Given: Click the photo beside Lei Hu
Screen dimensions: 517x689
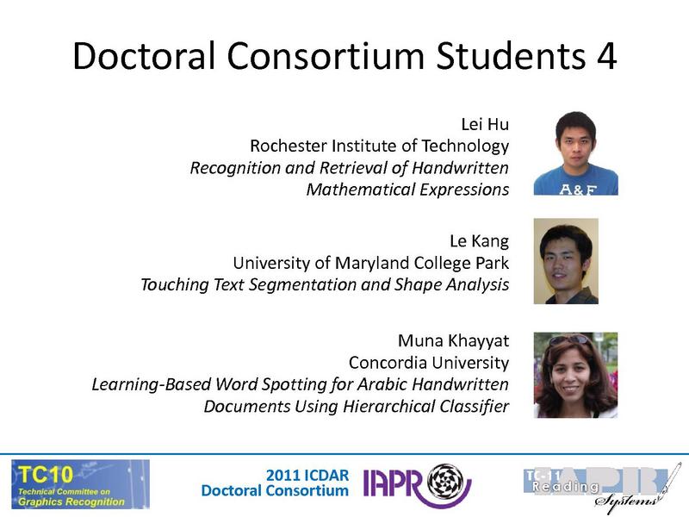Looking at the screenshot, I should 575,153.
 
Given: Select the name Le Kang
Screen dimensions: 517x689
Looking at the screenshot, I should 480,241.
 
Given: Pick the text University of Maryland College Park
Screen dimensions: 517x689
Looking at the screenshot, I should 371,263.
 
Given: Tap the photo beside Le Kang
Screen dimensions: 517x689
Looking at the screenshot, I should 566,261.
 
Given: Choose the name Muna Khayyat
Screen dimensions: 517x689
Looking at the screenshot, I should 453,340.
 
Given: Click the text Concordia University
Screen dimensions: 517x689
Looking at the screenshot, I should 428,362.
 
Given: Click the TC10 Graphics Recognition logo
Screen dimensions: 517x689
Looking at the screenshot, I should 79,483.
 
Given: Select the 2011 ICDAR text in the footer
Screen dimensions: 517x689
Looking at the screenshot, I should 307,475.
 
